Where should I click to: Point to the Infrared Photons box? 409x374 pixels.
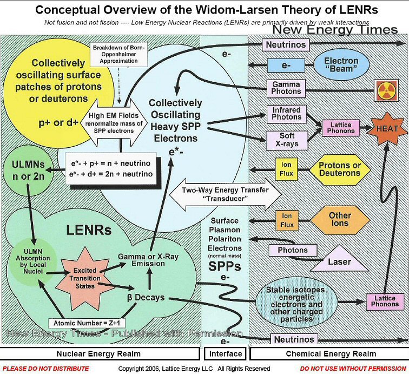[287, 114]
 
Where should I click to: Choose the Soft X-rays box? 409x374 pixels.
[287, 140]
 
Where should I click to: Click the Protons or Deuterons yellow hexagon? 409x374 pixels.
[339, 169]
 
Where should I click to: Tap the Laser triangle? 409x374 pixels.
[339, 260]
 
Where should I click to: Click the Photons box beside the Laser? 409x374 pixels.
[293, 251]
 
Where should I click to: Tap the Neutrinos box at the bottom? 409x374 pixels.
[294, 339]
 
